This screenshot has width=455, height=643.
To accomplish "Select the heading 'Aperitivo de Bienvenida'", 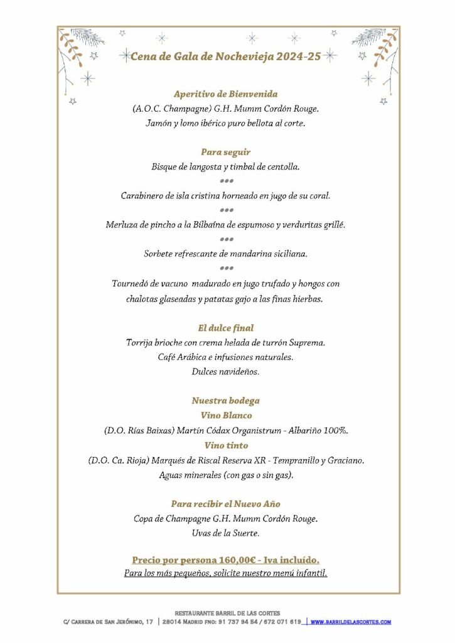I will (225, 94).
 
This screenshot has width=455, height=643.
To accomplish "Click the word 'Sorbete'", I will (160, 254).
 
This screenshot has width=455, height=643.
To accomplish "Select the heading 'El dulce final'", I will (226, 328).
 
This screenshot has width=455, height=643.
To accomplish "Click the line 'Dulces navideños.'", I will (226, 372).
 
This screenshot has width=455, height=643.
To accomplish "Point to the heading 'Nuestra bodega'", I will (226, 401).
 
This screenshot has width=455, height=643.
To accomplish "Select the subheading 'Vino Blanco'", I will (226, 416).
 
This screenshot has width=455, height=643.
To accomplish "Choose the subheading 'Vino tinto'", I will (226, 445).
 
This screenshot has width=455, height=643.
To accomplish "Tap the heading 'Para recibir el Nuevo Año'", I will (226, 504).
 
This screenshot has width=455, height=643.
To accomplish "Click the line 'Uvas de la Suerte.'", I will (226, 534).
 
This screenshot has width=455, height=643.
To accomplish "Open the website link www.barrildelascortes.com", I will (351, 622).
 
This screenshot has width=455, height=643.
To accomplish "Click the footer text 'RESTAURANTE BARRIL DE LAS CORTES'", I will (227, 613).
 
